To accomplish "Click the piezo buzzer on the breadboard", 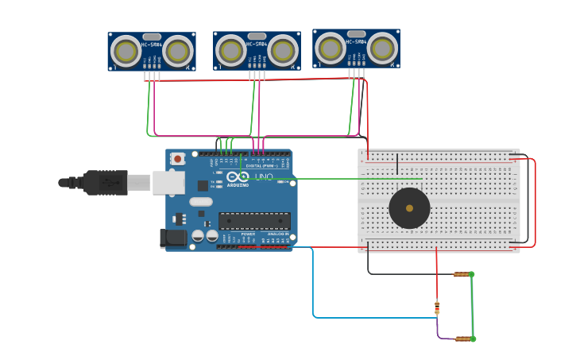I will pos(409,208).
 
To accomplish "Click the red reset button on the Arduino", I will pos(177,159).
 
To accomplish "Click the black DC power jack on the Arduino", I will pos(172,238).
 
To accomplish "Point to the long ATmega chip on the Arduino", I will pos(254,221).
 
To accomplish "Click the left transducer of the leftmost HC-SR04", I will pos(126,51).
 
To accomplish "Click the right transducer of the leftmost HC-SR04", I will pos(178,51).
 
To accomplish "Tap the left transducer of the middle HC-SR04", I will pos(231,51).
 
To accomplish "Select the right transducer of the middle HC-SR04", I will pos(283,51).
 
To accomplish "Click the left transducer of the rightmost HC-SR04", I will pos(331,48).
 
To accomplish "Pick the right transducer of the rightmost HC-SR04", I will pos(382,48).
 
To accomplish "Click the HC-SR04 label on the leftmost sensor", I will pos(152,45).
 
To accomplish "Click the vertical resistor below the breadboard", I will pos(436,306).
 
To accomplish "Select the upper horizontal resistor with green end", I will pos(462,274).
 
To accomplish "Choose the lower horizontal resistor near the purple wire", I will pos(462,339).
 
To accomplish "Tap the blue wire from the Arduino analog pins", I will pos(313,286).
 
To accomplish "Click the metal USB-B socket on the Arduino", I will pos(168,183).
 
